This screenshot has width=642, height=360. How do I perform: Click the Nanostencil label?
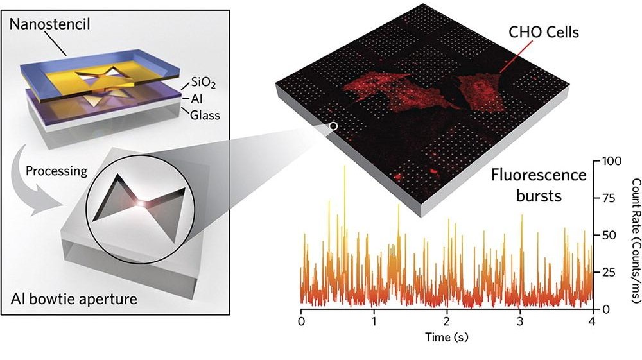click(51, 24)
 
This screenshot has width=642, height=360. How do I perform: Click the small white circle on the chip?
click(333, 126)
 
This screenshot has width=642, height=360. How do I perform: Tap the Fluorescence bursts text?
click(539, 184)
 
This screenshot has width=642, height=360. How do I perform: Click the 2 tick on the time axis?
click(447, 319)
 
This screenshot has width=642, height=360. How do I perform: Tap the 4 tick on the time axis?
click(593, 319)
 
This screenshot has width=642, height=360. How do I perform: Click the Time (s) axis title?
click(447, 336)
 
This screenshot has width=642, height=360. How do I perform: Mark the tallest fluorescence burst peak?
click(344, 166)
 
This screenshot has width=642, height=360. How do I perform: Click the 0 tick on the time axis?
click(301, 319)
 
